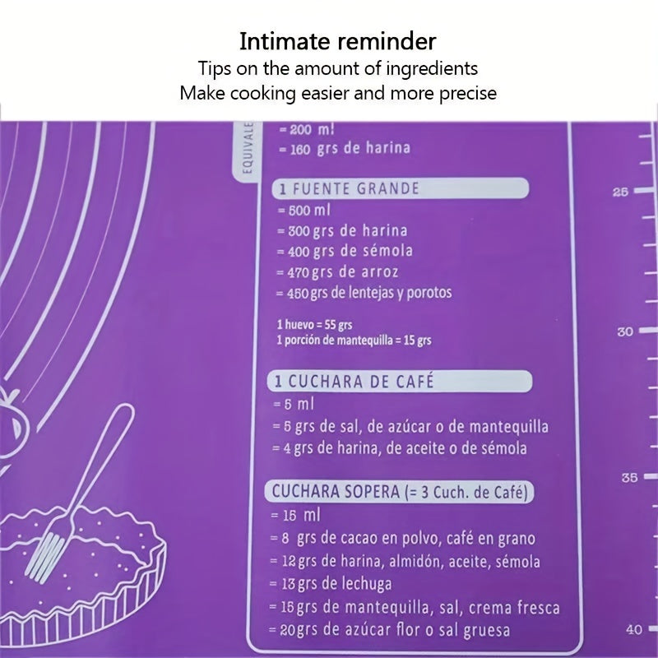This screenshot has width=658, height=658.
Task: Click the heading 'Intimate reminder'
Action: point(338,40)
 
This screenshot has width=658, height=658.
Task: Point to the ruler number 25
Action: point(620,192)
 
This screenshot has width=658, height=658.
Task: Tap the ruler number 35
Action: point(629,477)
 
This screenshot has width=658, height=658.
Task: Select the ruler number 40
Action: point(634,629)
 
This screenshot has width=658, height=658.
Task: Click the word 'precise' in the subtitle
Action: point(466,93)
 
